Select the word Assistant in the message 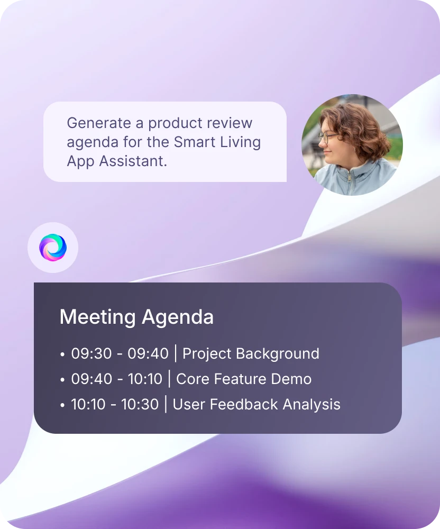(x=133, y=161)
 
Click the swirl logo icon (x=53, y=247)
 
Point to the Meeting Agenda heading (x=136, y=317)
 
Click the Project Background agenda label (x=251, y=353)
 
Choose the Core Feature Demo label (x=244, y=379)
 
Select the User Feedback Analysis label (x=256, y=405)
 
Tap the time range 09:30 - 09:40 (x=120, y=353)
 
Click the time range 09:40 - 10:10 (x=117, y=379)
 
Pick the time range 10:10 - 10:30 (x=115, y=404)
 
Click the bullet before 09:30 (x=62, y=354)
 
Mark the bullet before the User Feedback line (x=62, y=405)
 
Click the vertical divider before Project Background (x=176, y=353)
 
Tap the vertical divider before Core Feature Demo (x=169, y=379)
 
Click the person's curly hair (x=357, y=128)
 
